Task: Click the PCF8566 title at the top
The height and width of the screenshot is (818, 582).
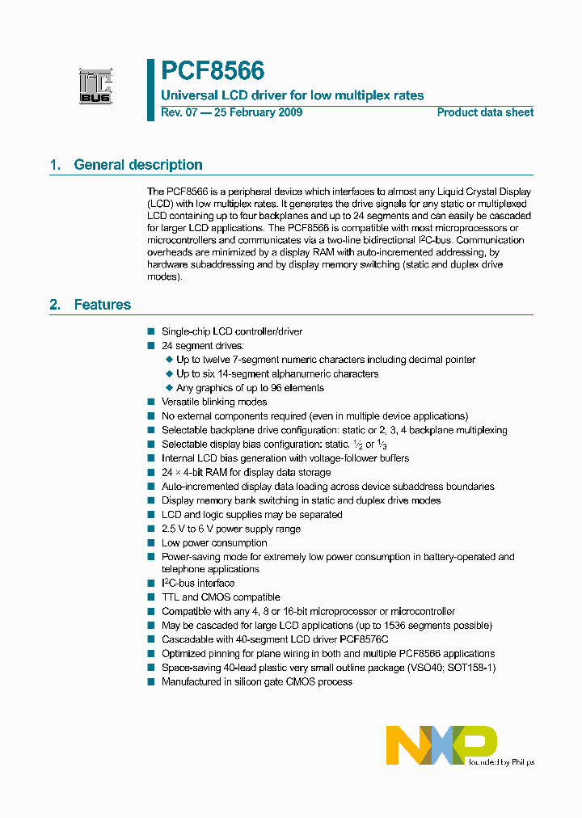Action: click(x=213, y=72)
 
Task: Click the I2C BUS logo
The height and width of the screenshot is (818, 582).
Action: click(x=96, y=86)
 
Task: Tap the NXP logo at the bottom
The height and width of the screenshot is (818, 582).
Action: click(x=441, y=744)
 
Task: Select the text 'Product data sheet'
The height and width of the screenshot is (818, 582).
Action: click(x=485, y=112)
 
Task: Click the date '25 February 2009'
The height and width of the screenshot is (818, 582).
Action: click(x=259, y=112)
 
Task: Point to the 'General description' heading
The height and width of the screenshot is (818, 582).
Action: click(x=137, y=165)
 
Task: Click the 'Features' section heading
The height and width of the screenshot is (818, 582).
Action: click(x=102, y=305)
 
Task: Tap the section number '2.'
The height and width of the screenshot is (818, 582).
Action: click(x=55, y=305)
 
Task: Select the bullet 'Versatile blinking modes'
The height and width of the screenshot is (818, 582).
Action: click(x=214, y=402)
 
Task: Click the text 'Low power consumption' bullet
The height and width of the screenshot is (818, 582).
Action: click(x=214, y=543)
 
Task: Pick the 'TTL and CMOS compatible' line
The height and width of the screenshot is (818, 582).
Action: click(x=221, y=597)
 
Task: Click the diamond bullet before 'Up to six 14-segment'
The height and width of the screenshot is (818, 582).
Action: click(x=169, y=373)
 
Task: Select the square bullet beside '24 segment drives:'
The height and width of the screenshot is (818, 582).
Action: click(x=150, y=345)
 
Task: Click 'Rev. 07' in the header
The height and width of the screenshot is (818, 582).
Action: click(x=178, y=112)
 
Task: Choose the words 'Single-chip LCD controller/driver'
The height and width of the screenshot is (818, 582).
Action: click(x=232, y=331)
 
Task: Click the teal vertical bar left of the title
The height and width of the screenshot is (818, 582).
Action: click(x=150, y=90)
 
